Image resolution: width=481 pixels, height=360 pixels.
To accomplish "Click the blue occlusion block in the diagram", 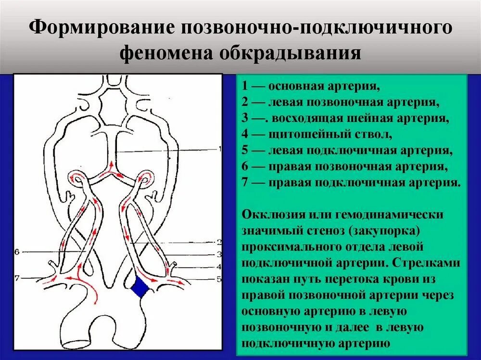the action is (141, 287).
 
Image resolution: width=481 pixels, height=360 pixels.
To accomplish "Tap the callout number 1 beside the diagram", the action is (220, 149).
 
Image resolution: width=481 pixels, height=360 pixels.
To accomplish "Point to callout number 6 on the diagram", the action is (17, 251).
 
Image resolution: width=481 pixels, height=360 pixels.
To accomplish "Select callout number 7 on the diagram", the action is (17, 278).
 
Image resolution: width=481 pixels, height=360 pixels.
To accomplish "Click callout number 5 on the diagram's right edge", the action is (219, 278).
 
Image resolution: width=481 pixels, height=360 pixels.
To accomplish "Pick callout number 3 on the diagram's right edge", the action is (219, 254).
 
